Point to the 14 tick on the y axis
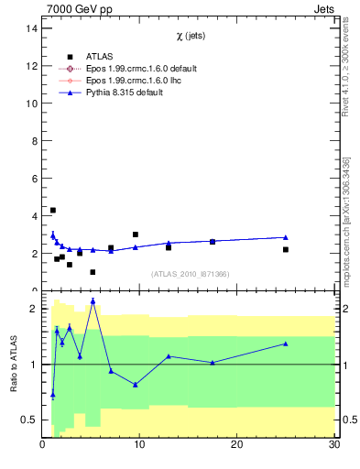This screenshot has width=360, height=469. click(x=30, y=28)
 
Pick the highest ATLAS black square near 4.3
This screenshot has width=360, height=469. click(x=53, y=211)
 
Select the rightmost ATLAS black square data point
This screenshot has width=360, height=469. click(x=286, y=249)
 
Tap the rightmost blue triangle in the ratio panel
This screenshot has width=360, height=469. click(x=286, y=344)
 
